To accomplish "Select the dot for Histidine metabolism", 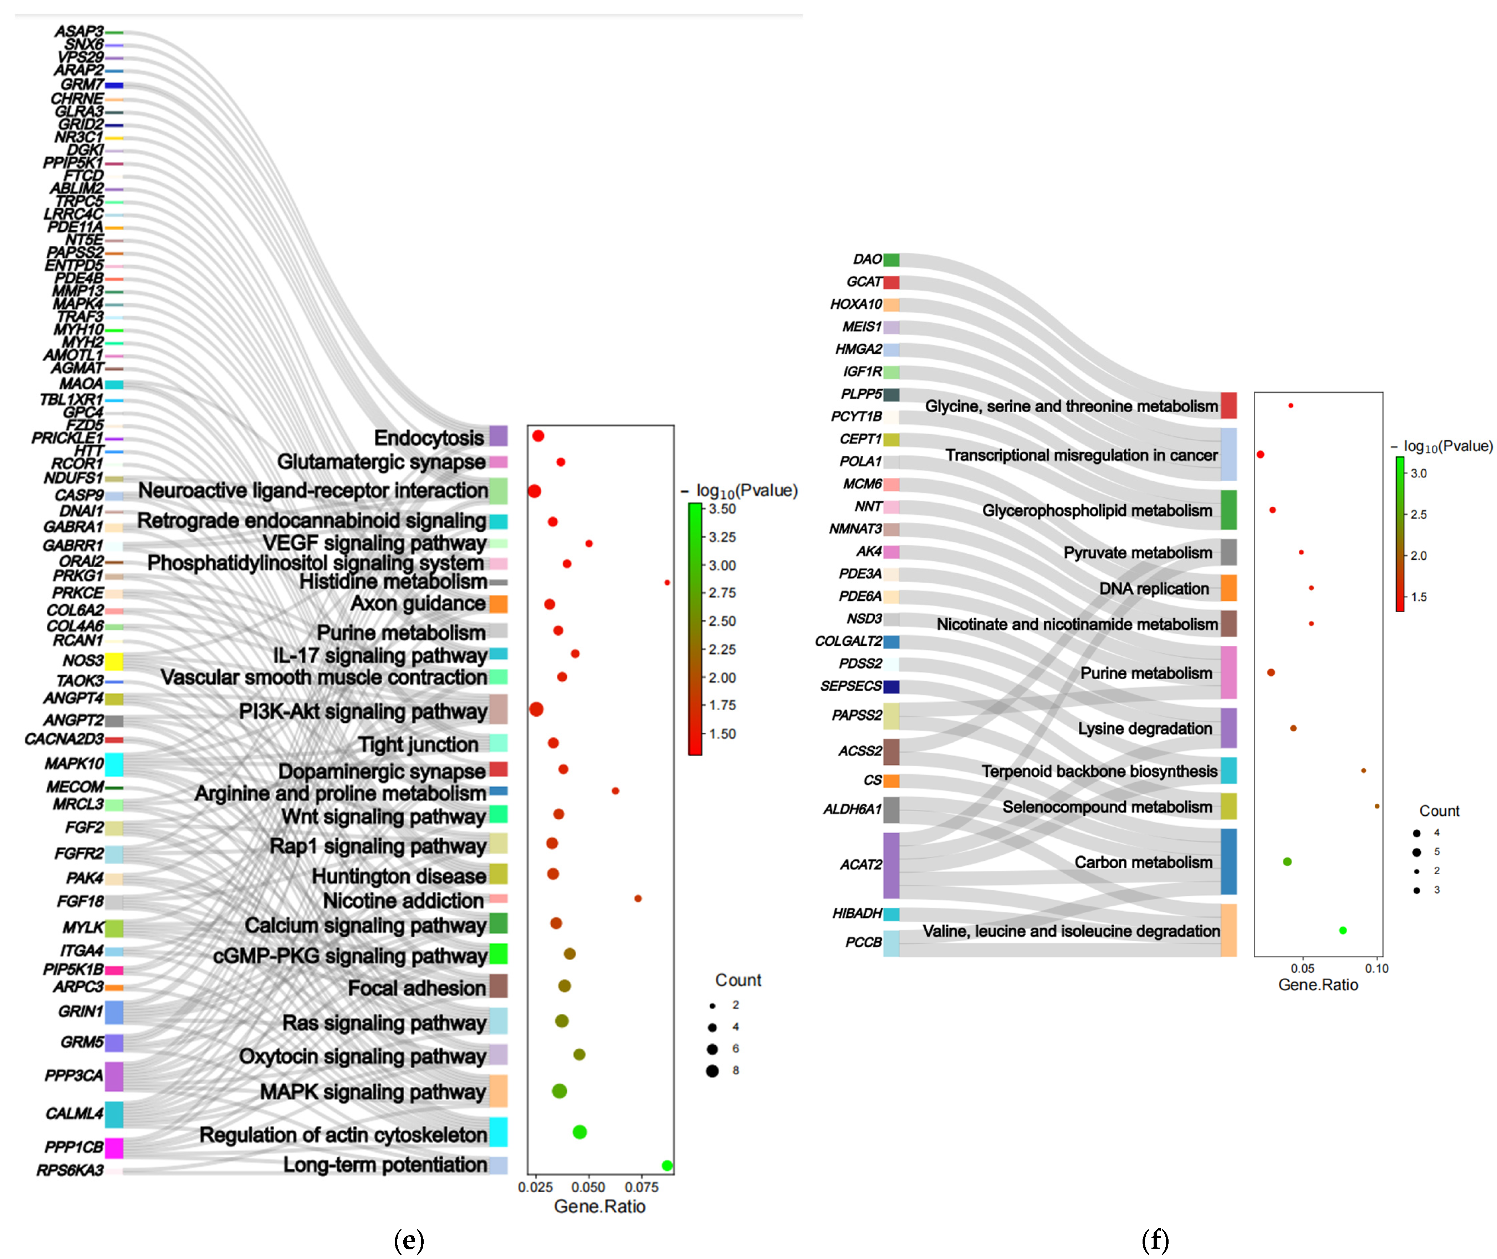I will coord(667,582).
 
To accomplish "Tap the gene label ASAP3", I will coord(79,31).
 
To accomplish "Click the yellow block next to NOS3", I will coord(114,661).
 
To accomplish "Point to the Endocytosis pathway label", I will coord(429,437).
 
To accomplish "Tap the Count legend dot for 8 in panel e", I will coord(712,1071).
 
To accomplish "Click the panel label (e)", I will coord(409,1240).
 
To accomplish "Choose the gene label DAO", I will coord(867,259).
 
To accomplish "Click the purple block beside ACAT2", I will coord(891,865).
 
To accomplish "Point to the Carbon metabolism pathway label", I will coord(1143,862).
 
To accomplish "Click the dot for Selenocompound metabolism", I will coord(1376,807).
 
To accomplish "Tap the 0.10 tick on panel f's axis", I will coord(1376,968).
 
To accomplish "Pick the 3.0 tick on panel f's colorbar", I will coord(1419,473).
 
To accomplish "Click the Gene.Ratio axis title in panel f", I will coord(1318,985).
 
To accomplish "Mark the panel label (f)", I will coord(1155,1240).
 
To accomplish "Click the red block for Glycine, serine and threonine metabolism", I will coord(1228,405).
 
